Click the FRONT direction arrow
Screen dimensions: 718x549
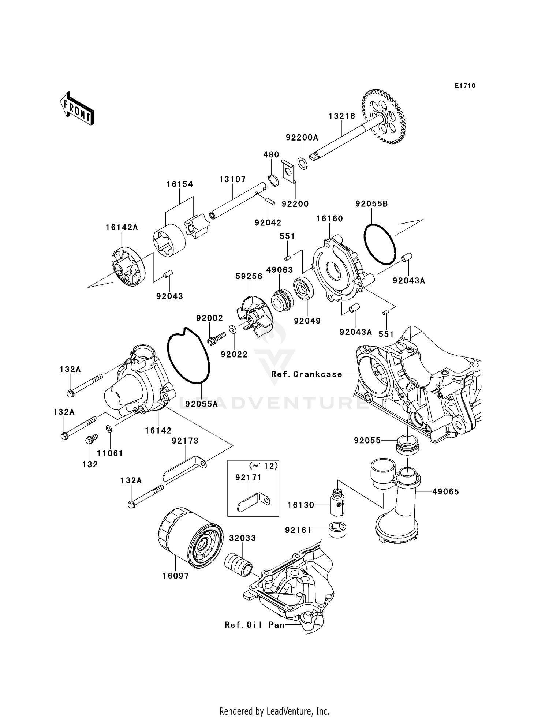(x=77, y=109)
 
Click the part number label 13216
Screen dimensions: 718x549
(x=342, y=116)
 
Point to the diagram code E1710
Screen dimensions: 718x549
(x=465, y=86)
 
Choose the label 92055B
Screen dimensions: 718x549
(x=371, y=204)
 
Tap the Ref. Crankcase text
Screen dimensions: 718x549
(x=307, y=374)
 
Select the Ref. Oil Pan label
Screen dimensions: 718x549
(x=255, y=625)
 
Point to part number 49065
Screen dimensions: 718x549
(x=445, y=491)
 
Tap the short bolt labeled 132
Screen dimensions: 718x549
(x=90, y=439)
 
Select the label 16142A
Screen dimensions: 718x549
(x=122, y=227)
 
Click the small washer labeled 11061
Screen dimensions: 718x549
(x=109, y=428)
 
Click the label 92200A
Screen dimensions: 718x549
(x=302, y=138)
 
